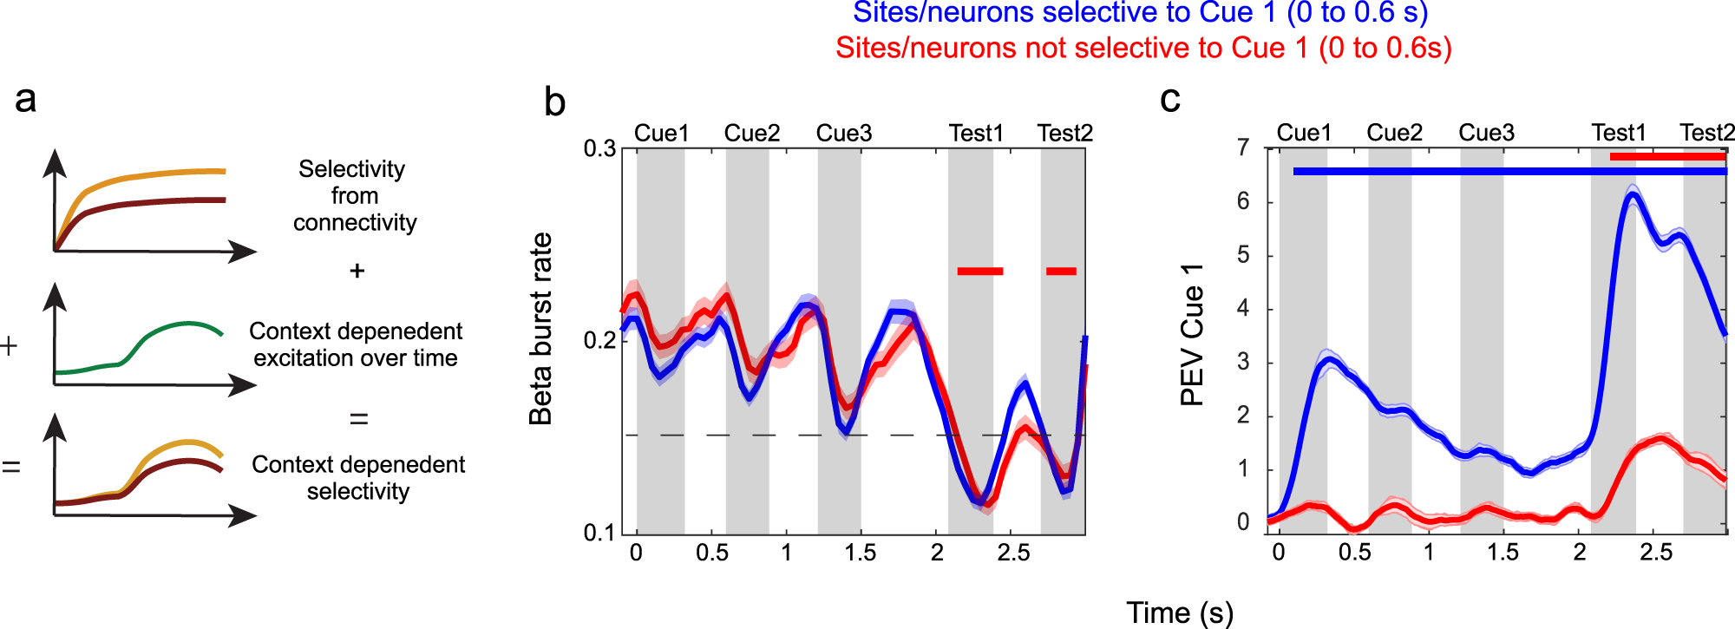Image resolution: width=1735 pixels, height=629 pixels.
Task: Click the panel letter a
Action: coord(25,99)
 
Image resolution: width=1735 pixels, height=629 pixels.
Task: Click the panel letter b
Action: coord(554,102)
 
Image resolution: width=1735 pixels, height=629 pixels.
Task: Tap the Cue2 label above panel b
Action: coord(751,133)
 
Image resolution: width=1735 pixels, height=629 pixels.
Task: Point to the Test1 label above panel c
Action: coord(1618,133)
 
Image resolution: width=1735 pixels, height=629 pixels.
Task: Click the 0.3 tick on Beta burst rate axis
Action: coord(599,148)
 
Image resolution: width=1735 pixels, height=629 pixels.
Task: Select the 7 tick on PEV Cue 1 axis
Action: coord(1243,148)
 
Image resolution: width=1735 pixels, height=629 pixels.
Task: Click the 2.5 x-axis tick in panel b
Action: coord(1013,553)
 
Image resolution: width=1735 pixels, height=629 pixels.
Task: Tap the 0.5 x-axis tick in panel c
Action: coord(1354,553)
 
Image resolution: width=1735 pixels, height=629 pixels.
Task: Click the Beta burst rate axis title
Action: coord(540,329)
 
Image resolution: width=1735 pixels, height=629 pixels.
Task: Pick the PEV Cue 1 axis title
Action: coord(1192,334)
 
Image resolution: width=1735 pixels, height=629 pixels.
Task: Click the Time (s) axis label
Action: coord(1179,613)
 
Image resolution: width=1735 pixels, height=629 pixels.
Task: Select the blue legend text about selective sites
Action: coord(1140,13)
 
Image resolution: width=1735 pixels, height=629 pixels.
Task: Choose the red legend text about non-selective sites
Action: coord(1143,48)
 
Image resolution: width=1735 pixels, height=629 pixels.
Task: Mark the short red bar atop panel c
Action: coord(1667,157)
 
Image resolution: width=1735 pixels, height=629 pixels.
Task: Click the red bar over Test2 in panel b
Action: coord(1061,272)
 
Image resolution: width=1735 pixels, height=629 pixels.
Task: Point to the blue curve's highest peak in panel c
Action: coord(1632,195)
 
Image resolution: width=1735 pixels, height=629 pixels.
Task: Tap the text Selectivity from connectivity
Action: coord(354,195)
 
